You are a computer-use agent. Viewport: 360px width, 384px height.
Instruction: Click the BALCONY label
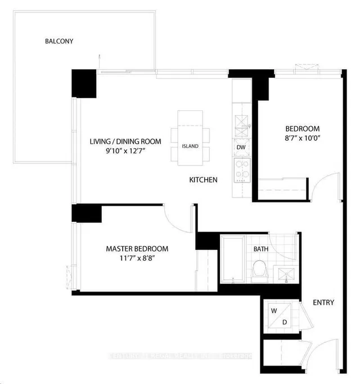point(60,41)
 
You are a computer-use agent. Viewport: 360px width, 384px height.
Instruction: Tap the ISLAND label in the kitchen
point(190,146)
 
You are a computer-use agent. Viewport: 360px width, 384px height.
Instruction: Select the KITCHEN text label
point(203,180)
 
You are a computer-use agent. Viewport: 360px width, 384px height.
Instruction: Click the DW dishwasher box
point(241,148)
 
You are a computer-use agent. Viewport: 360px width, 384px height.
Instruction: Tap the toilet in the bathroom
point(259,270)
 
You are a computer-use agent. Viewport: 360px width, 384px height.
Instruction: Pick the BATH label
point(260,248)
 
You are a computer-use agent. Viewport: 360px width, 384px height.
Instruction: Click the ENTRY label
point(323,302)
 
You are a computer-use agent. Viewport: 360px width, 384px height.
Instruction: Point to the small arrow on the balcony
point(100,57)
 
